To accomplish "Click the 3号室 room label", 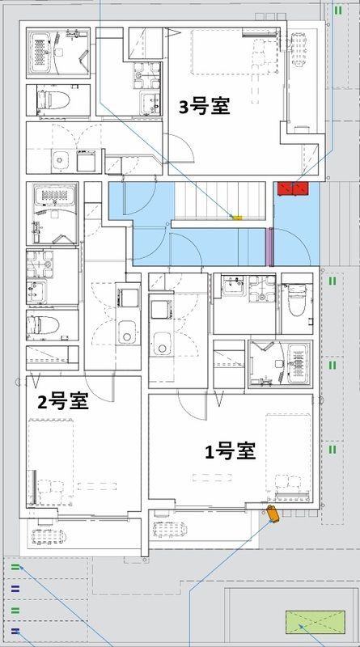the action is click(x=205, y=107).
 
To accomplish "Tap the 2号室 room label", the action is click(x=63, y=401).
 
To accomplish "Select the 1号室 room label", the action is click(x=231, y=450).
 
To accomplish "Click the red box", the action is click(x=293, y=189).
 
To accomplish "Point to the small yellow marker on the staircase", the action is click(x=237, y=217).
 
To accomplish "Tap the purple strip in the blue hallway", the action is click(x=269, y=247).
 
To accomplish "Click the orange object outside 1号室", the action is click(x=273, y=514).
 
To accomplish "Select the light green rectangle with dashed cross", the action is click(x=315, y=622).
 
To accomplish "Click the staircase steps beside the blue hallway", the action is click(x=219, y=201).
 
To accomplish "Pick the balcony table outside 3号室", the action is click(x=298, y=50).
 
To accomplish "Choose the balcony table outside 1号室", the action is click(x=170, y=530).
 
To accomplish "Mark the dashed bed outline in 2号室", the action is click(x=51, y=460).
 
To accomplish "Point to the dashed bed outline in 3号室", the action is click(x=234, y=52).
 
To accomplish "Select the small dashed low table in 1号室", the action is click(x=212, y=477).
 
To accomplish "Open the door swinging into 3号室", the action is click(x=181, y=149).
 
